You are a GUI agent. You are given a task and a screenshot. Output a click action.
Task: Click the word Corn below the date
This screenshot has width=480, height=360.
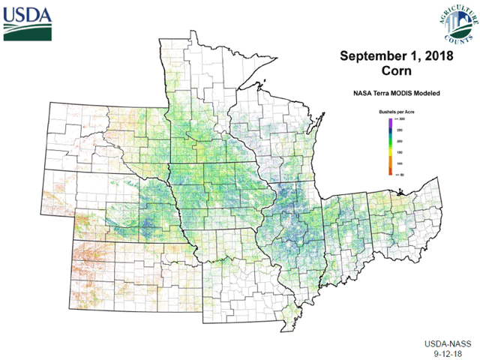[396, 72]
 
